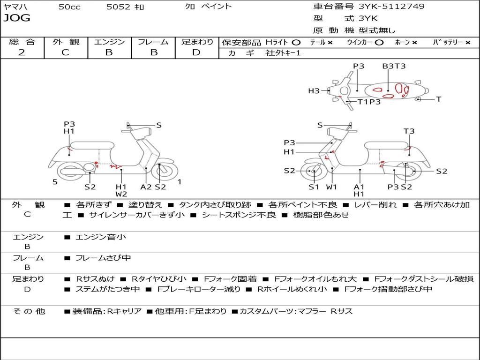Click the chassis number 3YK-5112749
pos(391,7)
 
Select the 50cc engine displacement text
pos(69,7)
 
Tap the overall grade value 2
pos(22,52)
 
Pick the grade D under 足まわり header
pos(196,52)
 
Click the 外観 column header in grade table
pos(66,42)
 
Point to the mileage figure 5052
pos(119,7)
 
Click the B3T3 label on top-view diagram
pos(394,66)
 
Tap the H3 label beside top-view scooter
pos(314,91)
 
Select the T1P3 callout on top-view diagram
pos(369,102)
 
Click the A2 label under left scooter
pos(146,187)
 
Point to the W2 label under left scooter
pos(121,194)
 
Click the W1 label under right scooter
pos(332,187)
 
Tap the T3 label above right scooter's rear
pos(409,131)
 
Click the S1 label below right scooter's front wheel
pos(314,187)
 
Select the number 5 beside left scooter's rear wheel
pos(55,182)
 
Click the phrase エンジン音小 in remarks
pos(100,237)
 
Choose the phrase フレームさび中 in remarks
pos(103,258)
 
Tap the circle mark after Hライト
pos(296,42)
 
